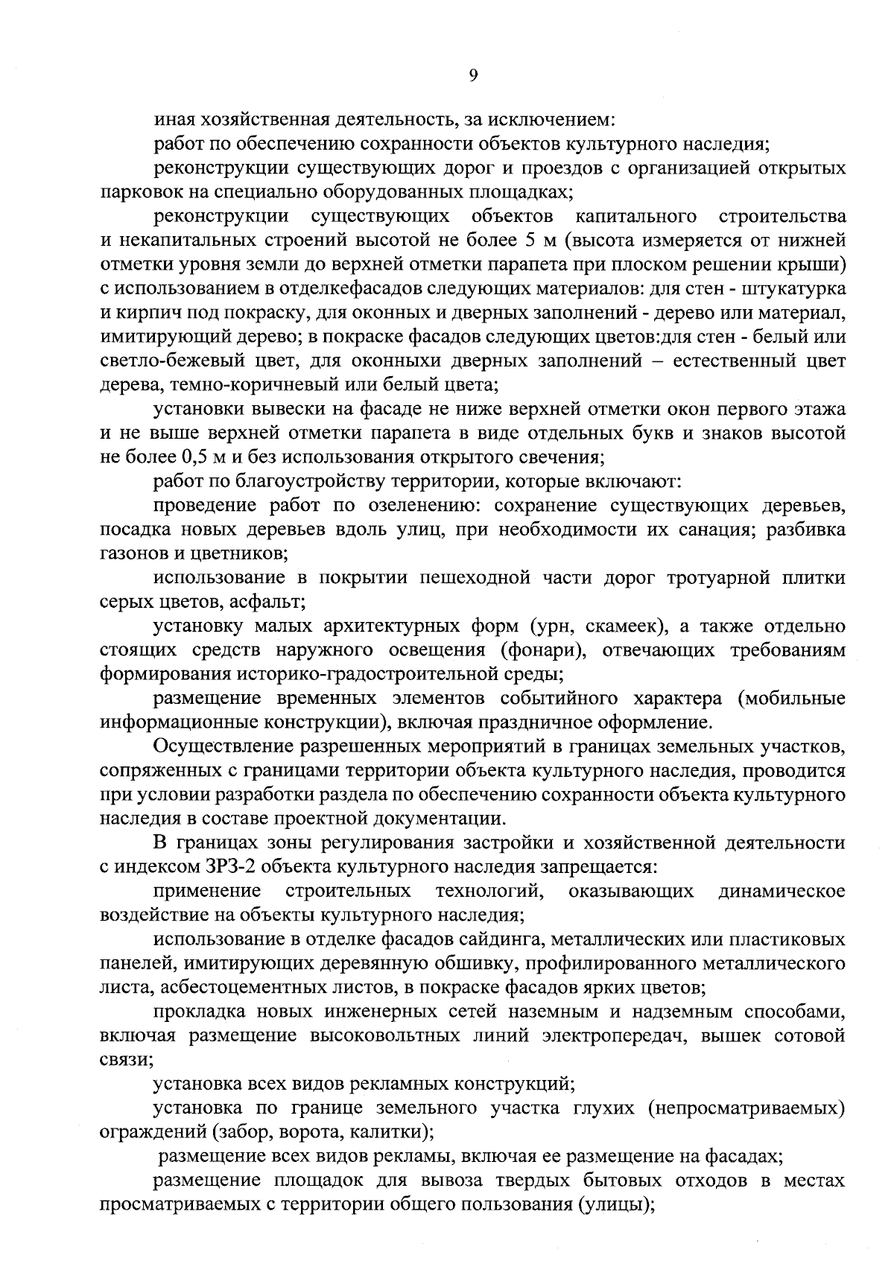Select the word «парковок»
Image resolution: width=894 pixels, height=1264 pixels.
tap(134, 192)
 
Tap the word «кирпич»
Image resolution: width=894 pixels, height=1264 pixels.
tap(142, 313)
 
